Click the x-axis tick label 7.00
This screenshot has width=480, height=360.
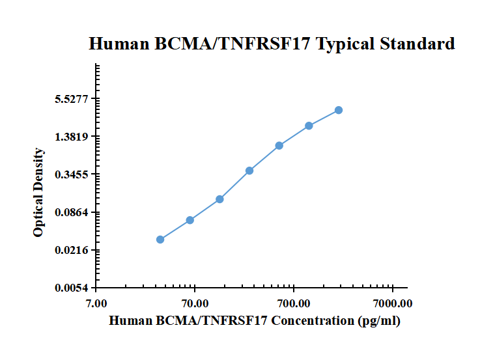coord(96,303)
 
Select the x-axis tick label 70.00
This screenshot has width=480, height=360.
coord(195,303)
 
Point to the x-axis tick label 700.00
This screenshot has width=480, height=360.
coord(294,303)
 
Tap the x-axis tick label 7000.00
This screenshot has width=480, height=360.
coord(393,303)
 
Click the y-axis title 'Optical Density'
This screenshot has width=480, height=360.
coord(38,193)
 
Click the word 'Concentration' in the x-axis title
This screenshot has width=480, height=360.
coord(313,320)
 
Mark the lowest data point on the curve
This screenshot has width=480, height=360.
coord(160,240)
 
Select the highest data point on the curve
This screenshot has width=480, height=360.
coord(339,111)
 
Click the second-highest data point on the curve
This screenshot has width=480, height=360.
coord(309,126)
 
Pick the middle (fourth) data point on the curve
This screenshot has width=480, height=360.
coord(249,171)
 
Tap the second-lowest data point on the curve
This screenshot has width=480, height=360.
coord(190,220)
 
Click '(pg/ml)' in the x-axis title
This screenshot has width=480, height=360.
coord(379,320)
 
